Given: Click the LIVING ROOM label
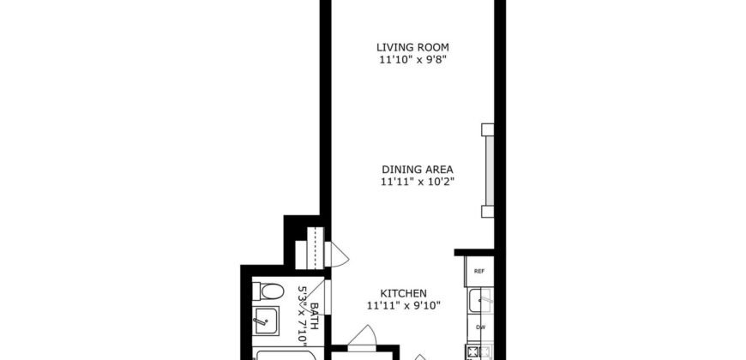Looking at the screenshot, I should tap(413, 46).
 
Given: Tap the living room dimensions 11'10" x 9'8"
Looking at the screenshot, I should tap(413, 60).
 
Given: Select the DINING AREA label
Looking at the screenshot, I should tap(417, 169).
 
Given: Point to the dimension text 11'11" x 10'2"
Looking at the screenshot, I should tap(417, 182).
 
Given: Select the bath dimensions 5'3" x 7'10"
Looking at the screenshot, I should tap(302, 312).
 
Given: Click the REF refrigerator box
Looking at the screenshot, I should tap(478, 271).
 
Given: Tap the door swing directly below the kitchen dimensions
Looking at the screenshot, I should tap(368, 335).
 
